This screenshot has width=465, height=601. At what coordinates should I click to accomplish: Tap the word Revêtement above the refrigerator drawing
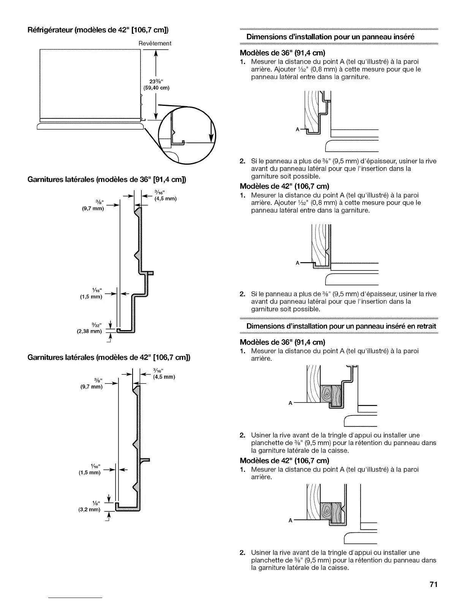(155, 43)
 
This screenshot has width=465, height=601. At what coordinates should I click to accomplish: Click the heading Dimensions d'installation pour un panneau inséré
(330, 37)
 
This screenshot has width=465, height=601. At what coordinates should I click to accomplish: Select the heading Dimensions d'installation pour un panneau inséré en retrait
(341, 326)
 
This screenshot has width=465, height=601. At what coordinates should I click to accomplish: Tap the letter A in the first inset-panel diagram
(297, 129)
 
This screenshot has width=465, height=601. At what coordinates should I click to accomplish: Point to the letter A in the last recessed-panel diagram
(290, 521)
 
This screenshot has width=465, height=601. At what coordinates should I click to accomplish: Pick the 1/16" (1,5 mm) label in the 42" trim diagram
(90, 469)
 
